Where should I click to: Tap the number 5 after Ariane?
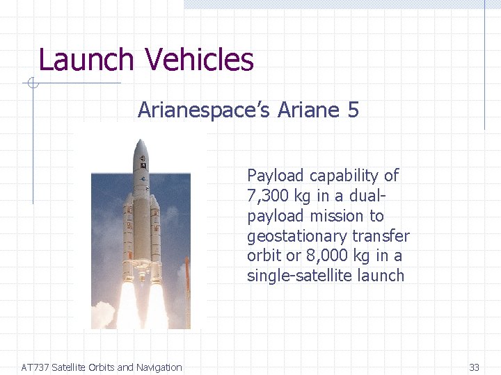coord(352,110)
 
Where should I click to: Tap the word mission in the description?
coord(357,216)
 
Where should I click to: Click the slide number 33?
coord(475,367)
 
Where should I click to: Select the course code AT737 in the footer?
coord(35,367)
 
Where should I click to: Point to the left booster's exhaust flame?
coord(127,306)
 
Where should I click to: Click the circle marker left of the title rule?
coord(30,84)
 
